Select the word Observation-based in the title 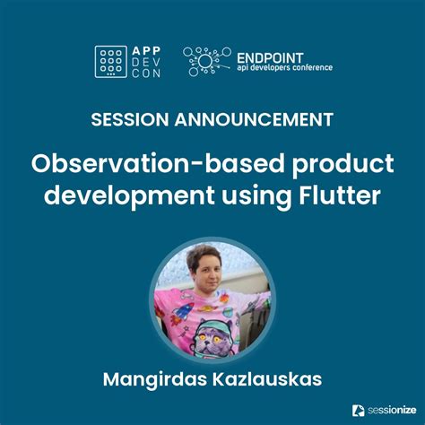tap(123, 165)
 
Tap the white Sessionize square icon tap(358, 410)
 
